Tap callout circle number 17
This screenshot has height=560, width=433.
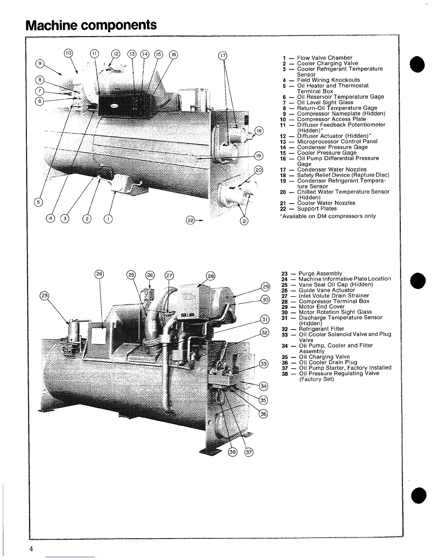point(223,56)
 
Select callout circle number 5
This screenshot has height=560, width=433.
point(38,202)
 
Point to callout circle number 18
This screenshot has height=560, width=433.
point(259,130)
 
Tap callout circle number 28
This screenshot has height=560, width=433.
point(210,276)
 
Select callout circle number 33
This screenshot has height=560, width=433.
point(264,364)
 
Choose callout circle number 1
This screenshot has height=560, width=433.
point(108,219)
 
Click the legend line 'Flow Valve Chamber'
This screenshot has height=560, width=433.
point(324,58)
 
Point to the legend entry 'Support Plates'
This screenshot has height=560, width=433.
point(317,209)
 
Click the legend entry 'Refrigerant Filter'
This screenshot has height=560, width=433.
point(321,329)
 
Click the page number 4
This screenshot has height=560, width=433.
point(31,549)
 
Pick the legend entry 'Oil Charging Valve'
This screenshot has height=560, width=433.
point(324,357)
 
